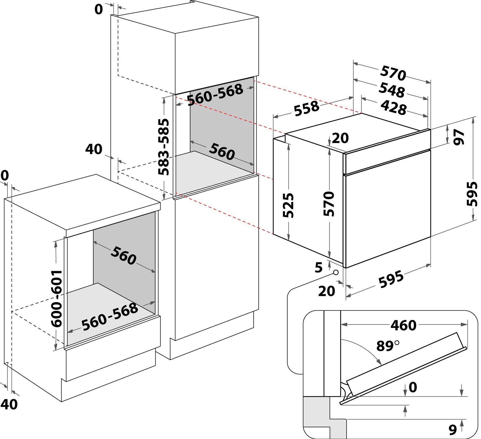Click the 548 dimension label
392,90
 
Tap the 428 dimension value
393,107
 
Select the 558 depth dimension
306,108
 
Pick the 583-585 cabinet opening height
163,147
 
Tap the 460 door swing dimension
403,325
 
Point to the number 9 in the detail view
453,430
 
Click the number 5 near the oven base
319,268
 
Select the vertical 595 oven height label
472,194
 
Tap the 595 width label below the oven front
391,279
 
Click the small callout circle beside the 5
336,272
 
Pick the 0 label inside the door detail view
412,387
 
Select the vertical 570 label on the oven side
329,204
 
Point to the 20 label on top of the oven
340,138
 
